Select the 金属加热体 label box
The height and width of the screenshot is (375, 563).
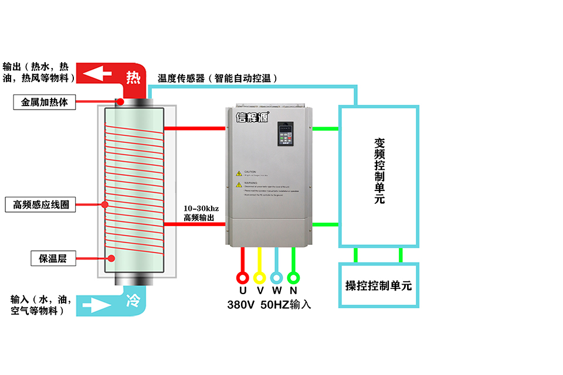pos(45,102)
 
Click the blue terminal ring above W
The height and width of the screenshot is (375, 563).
pos(277,277)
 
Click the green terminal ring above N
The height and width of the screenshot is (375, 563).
pos(294,277)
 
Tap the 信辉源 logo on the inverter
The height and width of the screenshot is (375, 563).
pos(252,117)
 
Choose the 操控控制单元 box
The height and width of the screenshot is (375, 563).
pos(379,286)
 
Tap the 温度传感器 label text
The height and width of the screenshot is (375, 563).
pos(181,79)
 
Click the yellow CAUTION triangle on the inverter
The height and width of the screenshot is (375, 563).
pos(239,173)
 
